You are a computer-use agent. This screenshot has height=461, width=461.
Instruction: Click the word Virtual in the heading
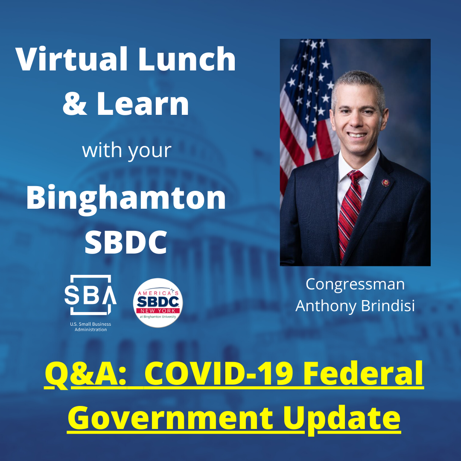point(71,59)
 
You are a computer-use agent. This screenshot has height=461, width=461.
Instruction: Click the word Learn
point(143,103)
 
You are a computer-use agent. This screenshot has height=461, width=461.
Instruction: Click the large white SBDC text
point(126,242)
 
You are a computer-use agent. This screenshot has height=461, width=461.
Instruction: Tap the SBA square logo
point(90,295)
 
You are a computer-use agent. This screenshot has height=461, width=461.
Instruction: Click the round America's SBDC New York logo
point(158,303)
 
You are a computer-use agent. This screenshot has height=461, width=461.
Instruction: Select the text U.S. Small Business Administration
point(90,327)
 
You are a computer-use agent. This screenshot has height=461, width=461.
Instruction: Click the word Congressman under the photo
point(355,285)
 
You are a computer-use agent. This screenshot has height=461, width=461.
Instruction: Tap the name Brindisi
point(388,306)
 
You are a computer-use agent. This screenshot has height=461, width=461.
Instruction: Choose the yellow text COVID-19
point(219,374)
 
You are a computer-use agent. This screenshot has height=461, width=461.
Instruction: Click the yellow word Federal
point(363,374)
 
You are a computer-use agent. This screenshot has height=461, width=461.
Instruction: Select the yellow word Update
point(341,419)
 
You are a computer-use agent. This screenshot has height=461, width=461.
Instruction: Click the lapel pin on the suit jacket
point(385,183)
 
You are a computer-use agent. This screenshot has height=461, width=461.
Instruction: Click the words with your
point(127,151)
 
